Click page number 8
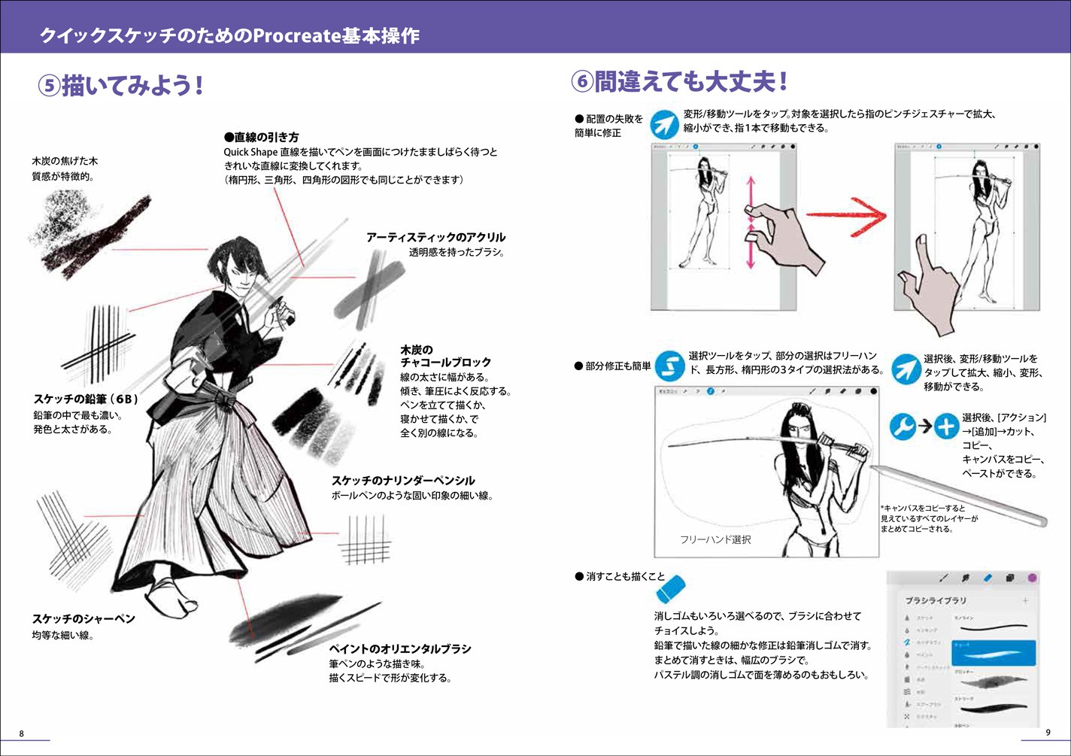[x=21, y=733]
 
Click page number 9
[x=1048, y=733]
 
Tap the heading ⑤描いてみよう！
[x=121, y=85]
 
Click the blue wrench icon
[x=903, y=427]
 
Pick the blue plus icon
[x=945, y=427]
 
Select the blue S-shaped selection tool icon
[x=669, y=366]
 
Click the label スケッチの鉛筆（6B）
[x=86, y=399]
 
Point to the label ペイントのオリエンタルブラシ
[x=399, y=648]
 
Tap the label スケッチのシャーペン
[x=83, y=618]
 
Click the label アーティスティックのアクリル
[x=435, y=237]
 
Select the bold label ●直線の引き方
[x=261, y=137]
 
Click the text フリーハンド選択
[x=715, y=539]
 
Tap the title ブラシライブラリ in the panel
[x=936, y=600]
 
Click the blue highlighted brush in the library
[x=993, y=652]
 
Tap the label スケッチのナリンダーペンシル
[x=403, y=480]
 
